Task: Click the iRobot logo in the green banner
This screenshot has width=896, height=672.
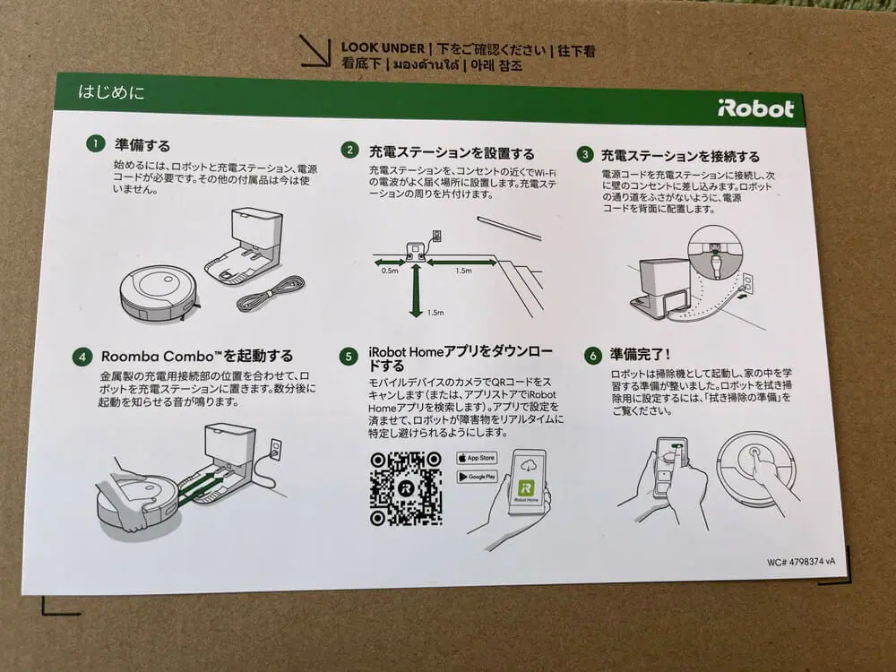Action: pyautogui.click(x=755, y=108)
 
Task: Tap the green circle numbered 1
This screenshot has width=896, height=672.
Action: pyautogui.click(x=96, y=142)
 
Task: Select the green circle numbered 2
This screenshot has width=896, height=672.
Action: pyautogui.click(x=349, y=151)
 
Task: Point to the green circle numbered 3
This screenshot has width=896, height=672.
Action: pyautogui.click(x=584, y=154)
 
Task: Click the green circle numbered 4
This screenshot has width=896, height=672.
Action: pyautogui.click(x=82, y=357)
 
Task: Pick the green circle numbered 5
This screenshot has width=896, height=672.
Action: pyautogui.click(x=349, y=357)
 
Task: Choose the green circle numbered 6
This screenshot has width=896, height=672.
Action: pyautogui.click(x=593, y=356)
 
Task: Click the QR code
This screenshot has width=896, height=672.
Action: pyautogui.click(x=406, y=488)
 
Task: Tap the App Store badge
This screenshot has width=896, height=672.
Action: pyautogui.click(x=477, y=458)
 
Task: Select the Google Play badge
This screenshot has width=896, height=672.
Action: pyautogui.click(x=478, y=476)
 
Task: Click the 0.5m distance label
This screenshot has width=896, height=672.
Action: pyautogui.click(x=390, y=271)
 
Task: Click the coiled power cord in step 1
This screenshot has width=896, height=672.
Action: pyautogui.click(x=271, y=293)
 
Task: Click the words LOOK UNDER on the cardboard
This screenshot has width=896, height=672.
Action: pyautogui.click(x=383, y=48)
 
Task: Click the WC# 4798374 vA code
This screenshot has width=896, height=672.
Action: pyautogui.click(x=800, y=562)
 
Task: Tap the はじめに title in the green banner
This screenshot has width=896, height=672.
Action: pyautogui.click(x=111, y=91)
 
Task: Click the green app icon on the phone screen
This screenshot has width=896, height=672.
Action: pyautogui.click(x=526, y=487)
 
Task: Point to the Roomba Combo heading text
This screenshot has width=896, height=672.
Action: pyautogui.click(x=197, y=356)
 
